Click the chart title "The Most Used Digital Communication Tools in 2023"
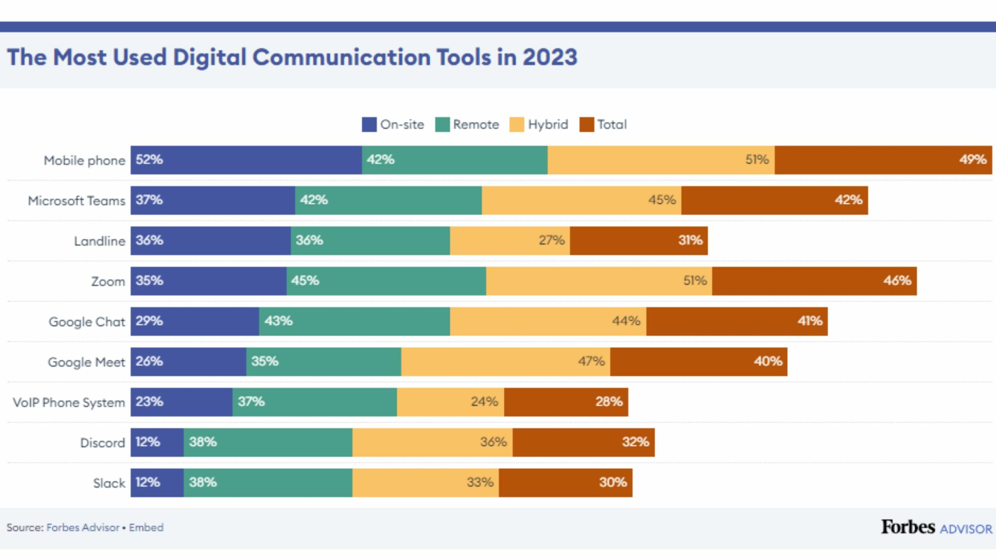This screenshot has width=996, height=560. click(x=292, y=57)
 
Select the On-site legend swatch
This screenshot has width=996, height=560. click(x=369, y=125)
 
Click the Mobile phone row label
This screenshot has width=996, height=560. click(x=84, y=160)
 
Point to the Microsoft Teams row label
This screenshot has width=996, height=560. click(x=77, y=201)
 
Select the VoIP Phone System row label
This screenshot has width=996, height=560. click(x=69, y=402)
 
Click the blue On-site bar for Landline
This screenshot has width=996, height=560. click(x=210, y=241)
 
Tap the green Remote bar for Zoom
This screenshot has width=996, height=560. click(x=386, y=281)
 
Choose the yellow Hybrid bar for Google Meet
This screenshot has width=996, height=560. click(x=505, y=362)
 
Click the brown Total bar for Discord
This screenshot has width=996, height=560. click(x=584, y=442)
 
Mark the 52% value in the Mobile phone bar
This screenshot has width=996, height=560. click(x=149, y=160)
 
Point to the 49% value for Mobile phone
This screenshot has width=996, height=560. click(x=973, y=160)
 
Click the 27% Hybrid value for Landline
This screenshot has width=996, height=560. click(x=551, y=240)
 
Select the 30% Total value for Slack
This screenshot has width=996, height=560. click(x=613, y=483)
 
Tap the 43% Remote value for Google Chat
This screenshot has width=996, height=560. click(x=278, y=321)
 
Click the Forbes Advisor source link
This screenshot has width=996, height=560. click(x=83, y=528)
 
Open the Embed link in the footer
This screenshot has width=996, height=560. click(x=146, y=528)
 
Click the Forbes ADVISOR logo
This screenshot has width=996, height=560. click(x=936, y=528)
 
